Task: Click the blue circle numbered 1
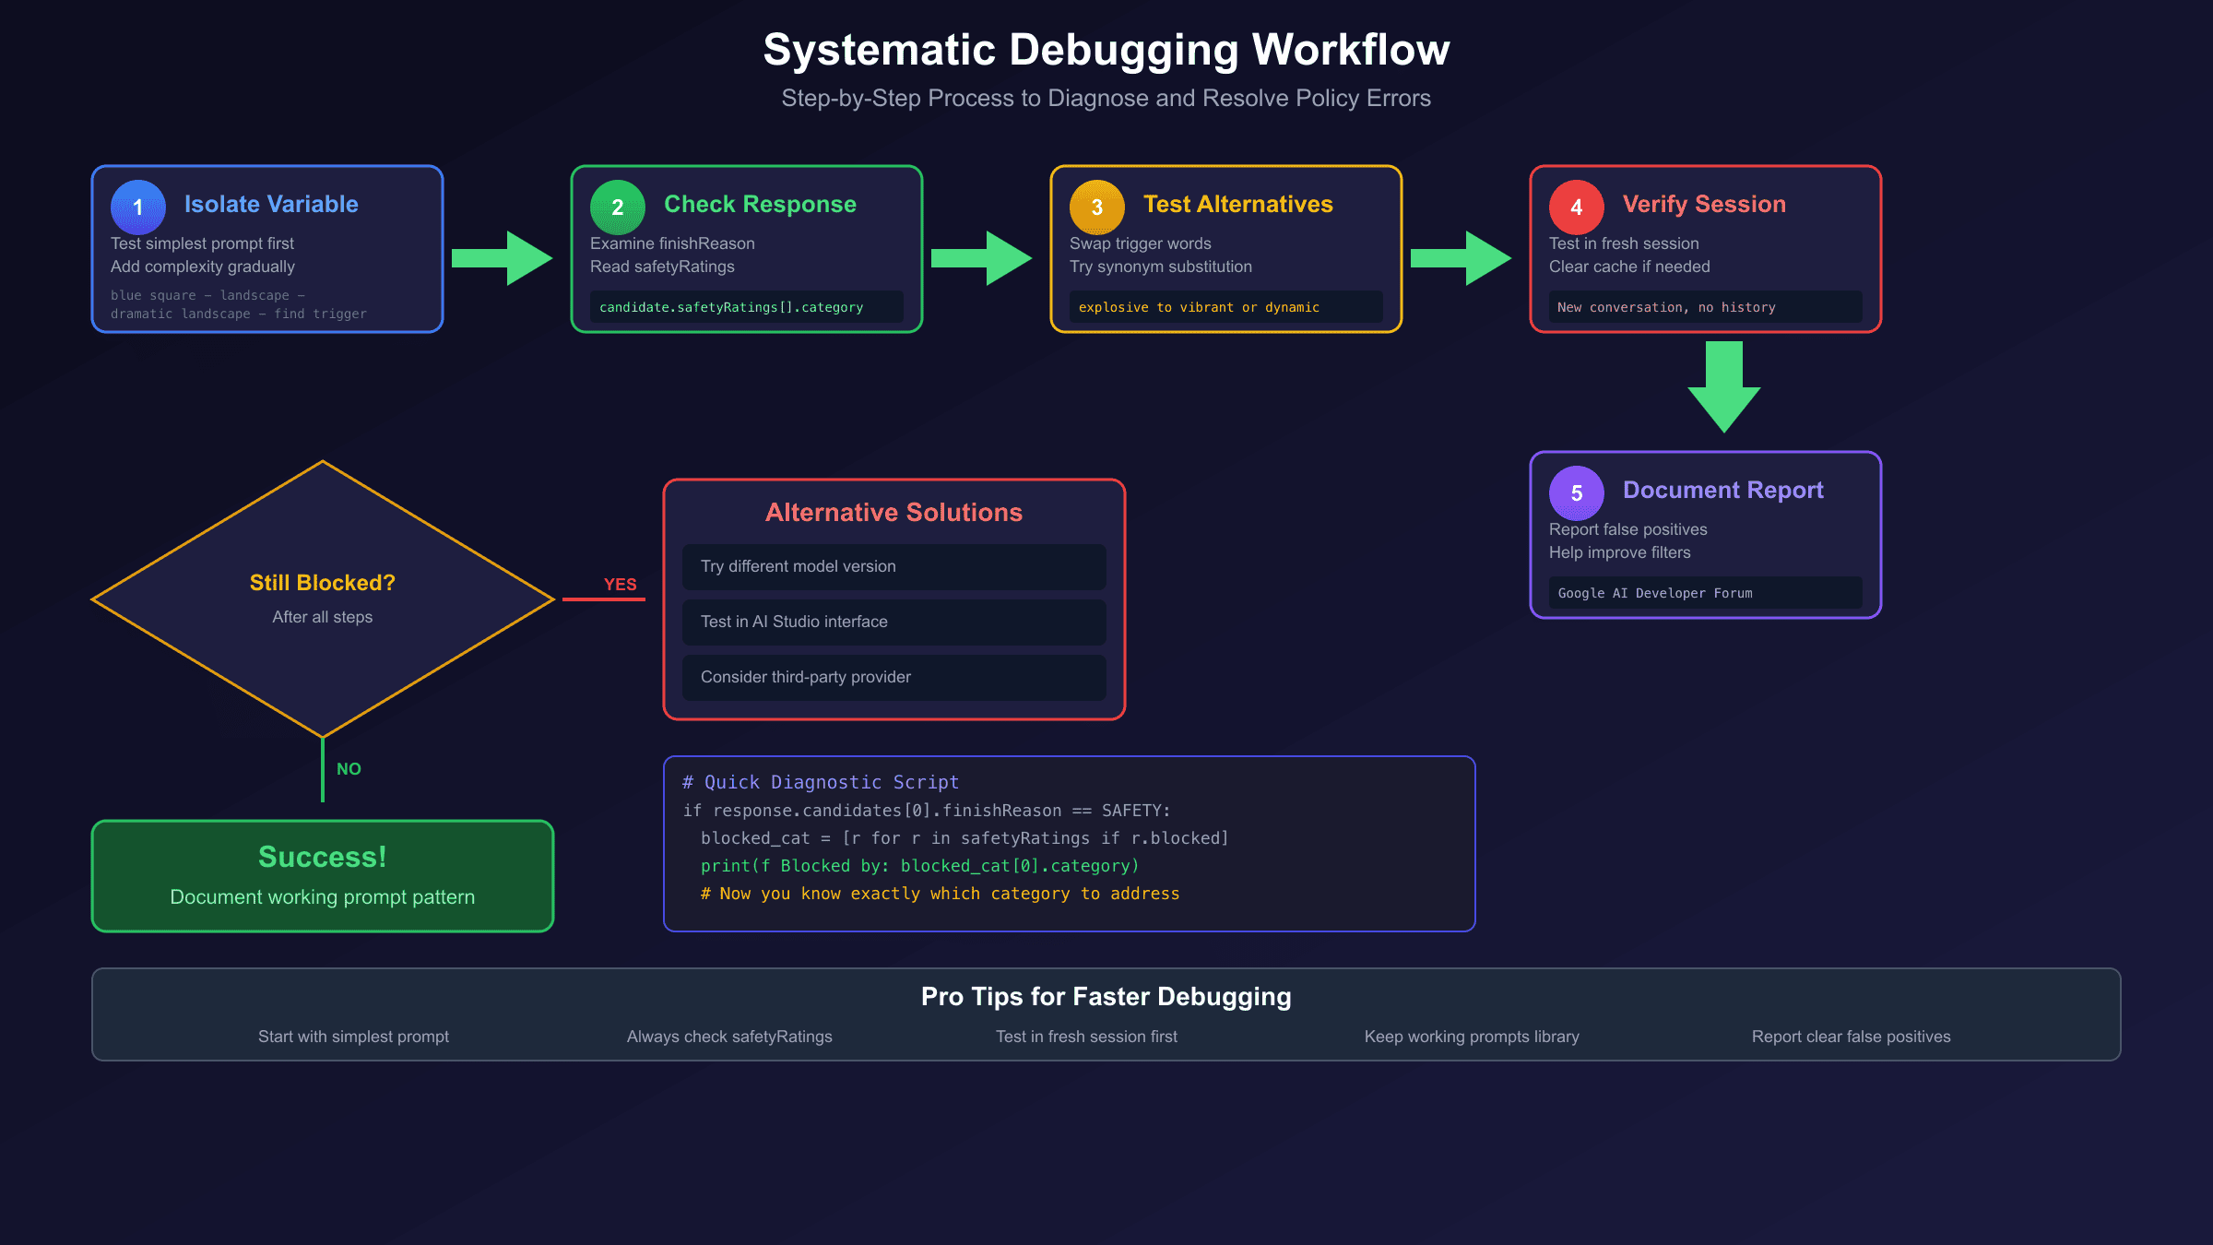point(138,207)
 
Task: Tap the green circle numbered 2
point(618,207)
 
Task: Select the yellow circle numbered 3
point(1097,207)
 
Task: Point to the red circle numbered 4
point(1577,207)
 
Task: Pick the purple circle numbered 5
point(1577,493)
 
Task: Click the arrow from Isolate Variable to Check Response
point(503,258)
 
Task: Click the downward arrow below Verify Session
point(1724,387)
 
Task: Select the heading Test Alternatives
point(1237,204)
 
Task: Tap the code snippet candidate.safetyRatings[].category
point(731,307)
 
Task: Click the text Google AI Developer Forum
point(1655,593)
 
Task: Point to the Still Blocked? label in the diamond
point(323,583)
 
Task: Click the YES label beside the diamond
point(620,584)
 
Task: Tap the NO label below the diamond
point(349,768)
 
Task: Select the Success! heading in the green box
point(323,857)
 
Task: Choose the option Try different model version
point(799,566)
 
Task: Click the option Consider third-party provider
point(806,677)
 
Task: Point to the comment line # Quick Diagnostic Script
point(821,782)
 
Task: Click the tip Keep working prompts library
point(1472,1037)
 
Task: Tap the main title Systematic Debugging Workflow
point(1106,50)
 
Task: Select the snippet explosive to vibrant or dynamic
point(1199,307)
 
